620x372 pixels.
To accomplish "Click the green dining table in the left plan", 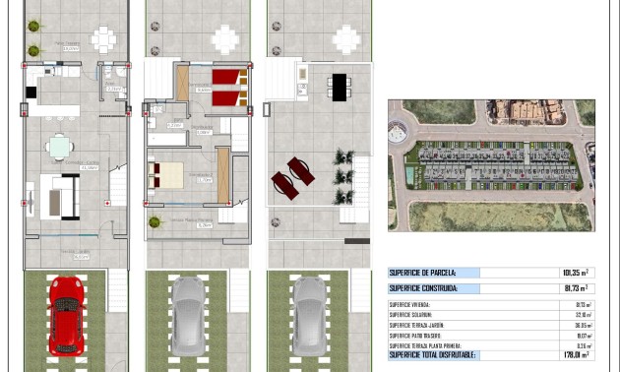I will [61, 147].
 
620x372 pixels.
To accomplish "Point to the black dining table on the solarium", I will [339, 88].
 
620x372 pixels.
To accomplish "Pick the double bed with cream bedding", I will [165, 175].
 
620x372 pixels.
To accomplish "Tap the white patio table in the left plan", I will [103, 39].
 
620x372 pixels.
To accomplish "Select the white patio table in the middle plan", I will [225, 39].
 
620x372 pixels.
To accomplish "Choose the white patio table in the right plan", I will [345, 39].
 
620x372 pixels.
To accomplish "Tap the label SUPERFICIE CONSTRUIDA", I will [423, 288].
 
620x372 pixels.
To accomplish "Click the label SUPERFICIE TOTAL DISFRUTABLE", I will [433, 354].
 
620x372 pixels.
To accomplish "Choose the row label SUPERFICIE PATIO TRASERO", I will [417, 335].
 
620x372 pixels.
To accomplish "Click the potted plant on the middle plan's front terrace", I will [155, 221].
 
